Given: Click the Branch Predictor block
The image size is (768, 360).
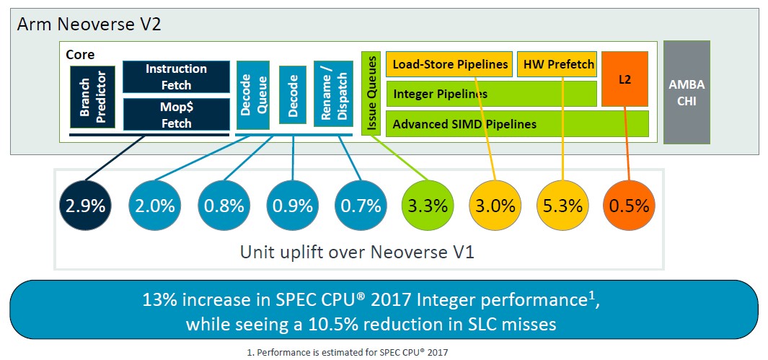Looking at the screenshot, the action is point(92,97).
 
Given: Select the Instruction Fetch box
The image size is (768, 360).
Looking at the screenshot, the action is point(176,76).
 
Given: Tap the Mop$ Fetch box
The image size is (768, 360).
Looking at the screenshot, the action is point(176,115).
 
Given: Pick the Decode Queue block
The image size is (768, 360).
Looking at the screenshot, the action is point(252,95).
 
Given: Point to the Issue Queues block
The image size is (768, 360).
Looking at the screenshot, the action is point(371,93).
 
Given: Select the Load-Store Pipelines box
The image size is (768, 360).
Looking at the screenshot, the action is point(449,64).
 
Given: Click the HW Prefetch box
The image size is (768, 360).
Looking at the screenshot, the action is point(557,64).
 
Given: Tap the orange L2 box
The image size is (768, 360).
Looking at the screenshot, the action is point(625,79).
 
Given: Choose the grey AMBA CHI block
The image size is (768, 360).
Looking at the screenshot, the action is point(687,92).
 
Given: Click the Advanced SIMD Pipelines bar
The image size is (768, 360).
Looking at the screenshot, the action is point(517,124).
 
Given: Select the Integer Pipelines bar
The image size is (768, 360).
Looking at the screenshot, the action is point(491,94).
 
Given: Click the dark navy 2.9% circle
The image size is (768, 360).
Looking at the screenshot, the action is point(85,206).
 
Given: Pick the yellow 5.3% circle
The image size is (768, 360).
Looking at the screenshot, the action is point(562,206).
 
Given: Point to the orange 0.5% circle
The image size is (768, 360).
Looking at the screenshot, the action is point(630,206).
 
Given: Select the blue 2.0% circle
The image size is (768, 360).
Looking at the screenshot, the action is point(154,206).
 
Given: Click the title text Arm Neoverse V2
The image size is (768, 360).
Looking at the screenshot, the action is point(89,25).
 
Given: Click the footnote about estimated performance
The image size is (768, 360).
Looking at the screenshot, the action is point(348,351).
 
